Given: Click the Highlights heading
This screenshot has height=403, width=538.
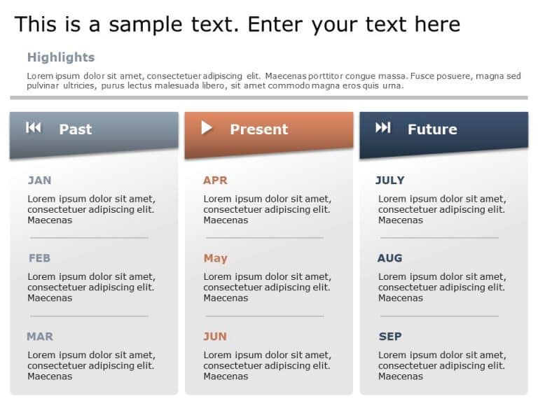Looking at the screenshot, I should (61, 57).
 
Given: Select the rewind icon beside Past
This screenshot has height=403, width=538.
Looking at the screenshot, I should (34, 127).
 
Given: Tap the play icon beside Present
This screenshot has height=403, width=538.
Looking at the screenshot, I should (207, 127).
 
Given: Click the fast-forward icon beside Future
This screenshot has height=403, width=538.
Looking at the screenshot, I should (382, 127).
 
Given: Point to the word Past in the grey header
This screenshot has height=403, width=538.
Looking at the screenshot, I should (75, 129).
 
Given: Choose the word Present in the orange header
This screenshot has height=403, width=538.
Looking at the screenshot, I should (258, 129).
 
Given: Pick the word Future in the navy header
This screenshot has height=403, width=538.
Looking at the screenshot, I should (432, 129).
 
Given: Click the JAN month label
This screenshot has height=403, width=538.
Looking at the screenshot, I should (39, 181).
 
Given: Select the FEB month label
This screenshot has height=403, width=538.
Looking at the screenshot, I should (39, 258).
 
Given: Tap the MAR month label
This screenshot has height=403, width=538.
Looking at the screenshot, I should (40, 337).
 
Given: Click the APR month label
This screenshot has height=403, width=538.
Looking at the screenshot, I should (215, 181).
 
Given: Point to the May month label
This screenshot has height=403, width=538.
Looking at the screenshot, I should (215, 258).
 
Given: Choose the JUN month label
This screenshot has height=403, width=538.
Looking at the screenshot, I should (215, 337).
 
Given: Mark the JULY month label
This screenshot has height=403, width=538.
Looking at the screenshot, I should (390, 181).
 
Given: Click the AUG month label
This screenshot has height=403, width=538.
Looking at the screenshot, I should (389, 258).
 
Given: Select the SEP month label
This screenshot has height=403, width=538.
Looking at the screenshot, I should (390, 337).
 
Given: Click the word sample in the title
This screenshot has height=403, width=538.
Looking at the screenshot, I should (144, 25).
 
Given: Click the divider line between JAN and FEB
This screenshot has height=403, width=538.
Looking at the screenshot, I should (88, 238).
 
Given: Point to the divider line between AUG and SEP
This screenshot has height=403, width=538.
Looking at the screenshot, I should (439, 316).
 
